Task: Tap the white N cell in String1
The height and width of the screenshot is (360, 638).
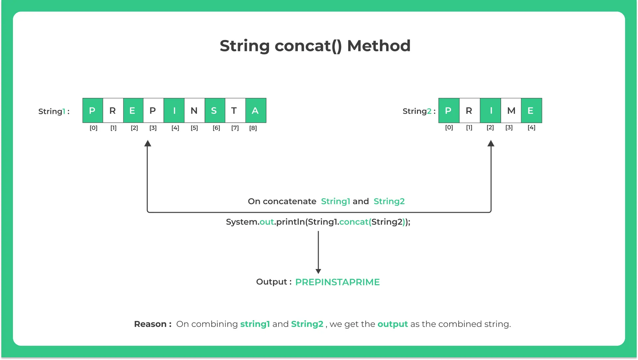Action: click(194, 111)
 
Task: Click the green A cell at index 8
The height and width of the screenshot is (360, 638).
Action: click(255, 111)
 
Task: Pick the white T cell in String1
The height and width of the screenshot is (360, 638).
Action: click(235, 111)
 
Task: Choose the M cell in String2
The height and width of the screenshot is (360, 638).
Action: click(511, 111)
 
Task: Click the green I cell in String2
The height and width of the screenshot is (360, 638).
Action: click(490, 111)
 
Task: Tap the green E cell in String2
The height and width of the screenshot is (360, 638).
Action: click(531, 111)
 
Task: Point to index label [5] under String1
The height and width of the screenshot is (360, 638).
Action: click(194, 128)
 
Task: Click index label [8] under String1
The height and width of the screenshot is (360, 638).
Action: click(253, 128)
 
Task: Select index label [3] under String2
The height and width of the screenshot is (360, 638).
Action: click(509, 127)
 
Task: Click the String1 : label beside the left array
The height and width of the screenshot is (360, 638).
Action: click(54, 111)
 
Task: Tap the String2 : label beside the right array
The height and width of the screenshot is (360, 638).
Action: click(419, 111)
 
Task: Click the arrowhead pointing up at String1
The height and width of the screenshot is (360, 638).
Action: click(148, 143)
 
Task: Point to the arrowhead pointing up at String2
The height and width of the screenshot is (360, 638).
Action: click(491, 143)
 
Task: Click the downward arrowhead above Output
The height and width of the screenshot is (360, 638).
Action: click(318, 271)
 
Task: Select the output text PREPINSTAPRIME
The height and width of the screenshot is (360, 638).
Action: click(337, 282)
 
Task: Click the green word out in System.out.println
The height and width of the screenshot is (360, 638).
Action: click(267, 222)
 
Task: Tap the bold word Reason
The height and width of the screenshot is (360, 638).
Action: click(151, 324)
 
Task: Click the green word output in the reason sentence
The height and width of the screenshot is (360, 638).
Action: click(392, 324)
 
